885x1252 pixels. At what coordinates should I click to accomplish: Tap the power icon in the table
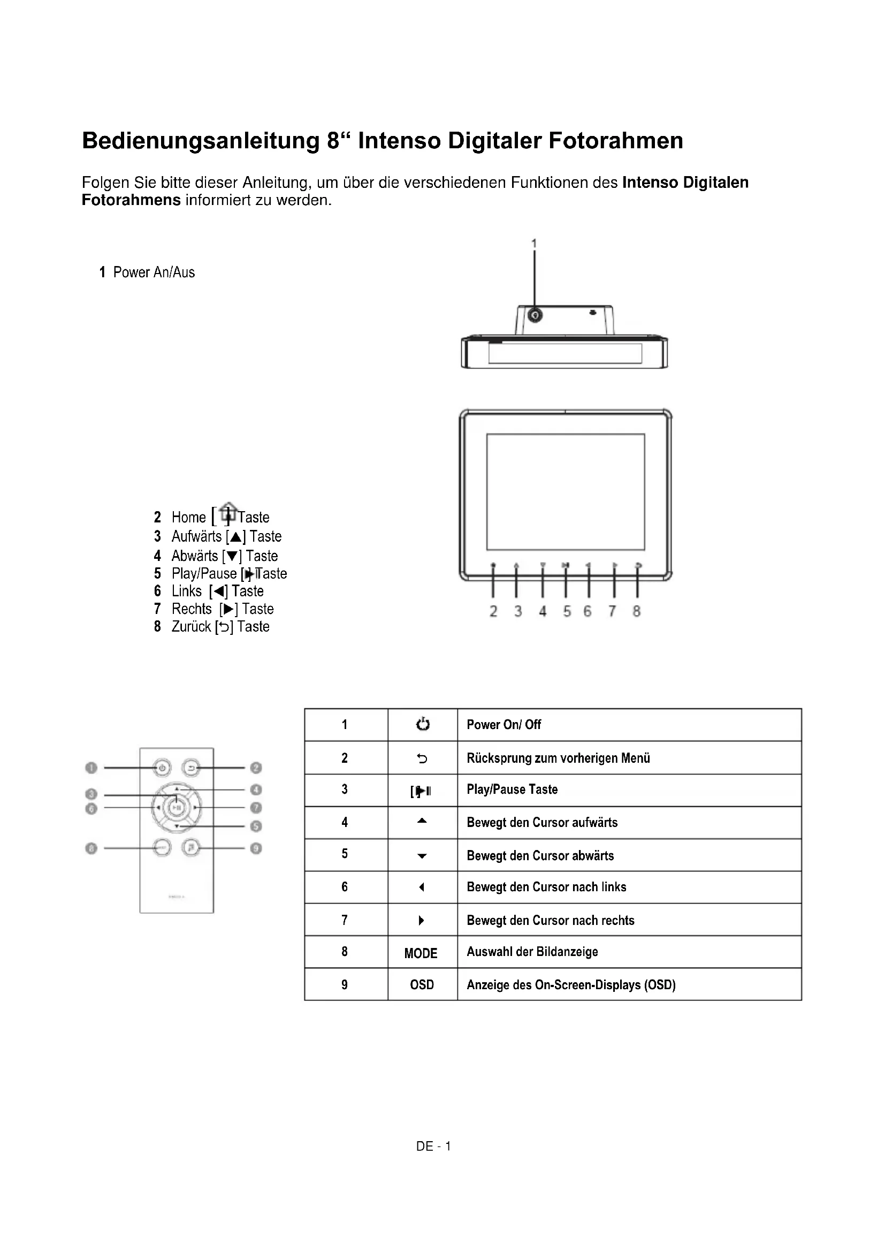coord(422,724)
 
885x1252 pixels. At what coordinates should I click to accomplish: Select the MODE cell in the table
coord(421,953)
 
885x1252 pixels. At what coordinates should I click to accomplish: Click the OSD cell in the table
coord(422,984)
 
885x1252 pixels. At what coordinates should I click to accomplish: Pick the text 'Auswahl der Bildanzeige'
coord(532,952)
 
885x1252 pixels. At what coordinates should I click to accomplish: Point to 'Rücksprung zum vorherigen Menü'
coord(558,758)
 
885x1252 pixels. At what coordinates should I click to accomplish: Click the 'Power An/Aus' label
coord(154,272)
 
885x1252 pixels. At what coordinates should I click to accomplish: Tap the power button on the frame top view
coord(535,315)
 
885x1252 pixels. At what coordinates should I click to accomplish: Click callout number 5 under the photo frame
coord(567,611)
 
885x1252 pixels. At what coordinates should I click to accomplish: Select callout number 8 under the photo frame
coord(637,611)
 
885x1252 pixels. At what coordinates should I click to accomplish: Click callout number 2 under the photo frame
coord(493,611)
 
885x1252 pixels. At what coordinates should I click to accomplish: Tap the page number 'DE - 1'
coord(433,1146)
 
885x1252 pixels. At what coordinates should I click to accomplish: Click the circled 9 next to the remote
coord(256,848)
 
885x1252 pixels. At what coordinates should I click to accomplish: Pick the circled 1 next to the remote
coord(91,768)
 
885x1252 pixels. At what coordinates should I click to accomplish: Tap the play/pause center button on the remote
coord(176,807)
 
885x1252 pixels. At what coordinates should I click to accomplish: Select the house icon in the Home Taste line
coord(229,512)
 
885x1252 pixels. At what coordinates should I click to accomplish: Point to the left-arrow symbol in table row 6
coord(421,887)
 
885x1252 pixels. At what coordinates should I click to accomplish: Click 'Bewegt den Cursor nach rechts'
coord(551,921)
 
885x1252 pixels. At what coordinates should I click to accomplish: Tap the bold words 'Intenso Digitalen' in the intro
coord(685,182)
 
